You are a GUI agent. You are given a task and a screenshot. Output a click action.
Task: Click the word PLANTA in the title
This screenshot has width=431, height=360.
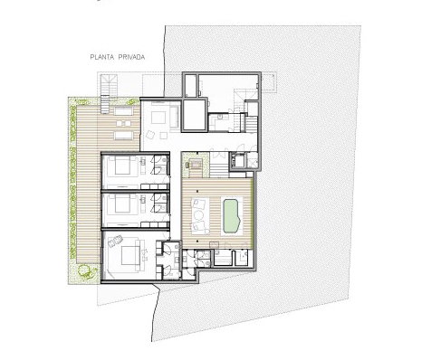click(101, 57)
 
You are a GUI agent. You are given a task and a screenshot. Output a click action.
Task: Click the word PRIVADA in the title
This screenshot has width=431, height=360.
click(131, 57)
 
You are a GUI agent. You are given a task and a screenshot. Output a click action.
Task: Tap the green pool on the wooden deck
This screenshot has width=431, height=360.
click(232, 214)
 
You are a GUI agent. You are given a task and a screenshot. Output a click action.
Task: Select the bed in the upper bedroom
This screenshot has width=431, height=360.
click(122, 166)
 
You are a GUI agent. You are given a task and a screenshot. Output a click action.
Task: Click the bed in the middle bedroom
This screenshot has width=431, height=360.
click(122, 204)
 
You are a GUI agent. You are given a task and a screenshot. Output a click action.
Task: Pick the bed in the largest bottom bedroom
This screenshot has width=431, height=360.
click(129, 255)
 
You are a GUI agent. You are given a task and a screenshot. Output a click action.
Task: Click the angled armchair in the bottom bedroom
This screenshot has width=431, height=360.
click(115, 242)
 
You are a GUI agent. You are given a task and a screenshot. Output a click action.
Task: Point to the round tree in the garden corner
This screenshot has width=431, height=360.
click(84, 270)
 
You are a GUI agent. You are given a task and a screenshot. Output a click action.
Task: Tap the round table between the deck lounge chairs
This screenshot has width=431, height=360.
click(199, 215)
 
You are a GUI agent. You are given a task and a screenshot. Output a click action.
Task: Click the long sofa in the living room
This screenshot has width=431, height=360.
click(174, 117)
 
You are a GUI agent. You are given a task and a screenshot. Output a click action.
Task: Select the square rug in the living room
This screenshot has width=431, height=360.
click(158, 118)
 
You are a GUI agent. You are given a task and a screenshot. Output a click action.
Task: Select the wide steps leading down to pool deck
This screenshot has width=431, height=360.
click(219, 171)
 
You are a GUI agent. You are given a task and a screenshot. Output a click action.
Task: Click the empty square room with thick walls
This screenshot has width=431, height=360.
click(195, 115)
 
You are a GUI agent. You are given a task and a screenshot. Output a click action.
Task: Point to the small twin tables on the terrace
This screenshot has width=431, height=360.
click(123, 123)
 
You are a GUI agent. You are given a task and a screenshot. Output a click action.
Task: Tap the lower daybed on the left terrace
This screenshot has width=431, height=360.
click(124, 135)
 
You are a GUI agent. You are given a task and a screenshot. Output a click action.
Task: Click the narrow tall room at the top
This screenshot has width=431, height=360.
click(190, 85)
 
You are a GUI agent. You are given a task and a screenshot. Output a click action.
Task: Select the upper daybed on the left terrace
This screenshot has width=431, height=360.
click(124, 111)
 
